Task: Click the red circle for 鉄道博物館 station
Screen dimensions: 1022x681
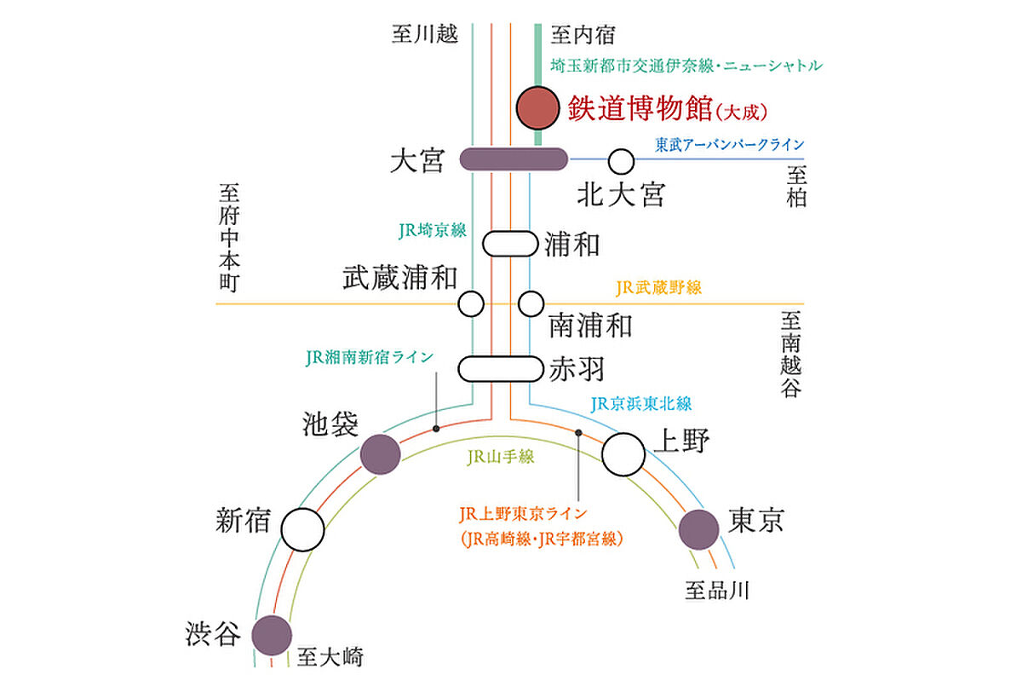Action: coord(538,108)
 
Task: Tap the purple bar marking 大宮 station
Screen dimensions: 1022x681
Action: coord(514,159)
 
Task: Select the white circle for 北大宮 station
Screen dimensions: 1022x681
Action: coord(621,162)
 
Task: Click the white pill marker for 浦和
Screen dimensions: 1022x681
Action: coord(510,244)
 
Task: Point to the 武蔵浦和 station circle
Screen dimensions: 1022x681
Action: coord(471,303)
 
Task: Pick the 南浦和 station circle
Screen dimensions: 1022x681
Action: coord(531,303)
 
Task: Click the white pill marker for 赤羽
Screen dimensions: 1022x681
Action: coord(501,369)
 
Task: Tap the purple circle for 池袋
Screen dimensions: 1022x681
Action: coord(381,454)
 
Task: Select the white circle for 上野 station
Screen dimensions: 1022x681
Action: coord(623,454)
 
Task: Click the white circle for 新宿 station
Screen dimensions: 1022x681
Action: coord(302,530)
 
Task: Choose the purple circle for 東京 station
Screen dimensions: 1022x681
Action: coord(699,530)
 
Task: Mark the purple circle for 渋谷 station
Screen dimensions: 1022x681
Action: coord(272,635)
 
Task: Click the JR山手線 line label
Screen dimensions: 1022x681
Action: coord(501,457)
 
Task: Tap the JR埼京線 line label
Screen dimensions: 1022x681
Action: coord(433,231)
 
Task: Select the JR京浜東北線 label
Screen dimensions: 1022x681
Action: coord(641,404)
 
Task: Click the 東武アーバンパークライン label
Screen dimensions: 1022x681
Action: coord(730,145)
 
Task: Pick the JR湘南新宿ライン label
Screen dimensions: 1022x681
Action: coord(370,357)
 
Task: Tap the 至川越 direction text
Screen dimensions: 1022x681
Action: coord(425,34)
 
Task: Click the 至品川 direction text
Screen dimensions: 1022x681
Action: coord(717,591)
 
